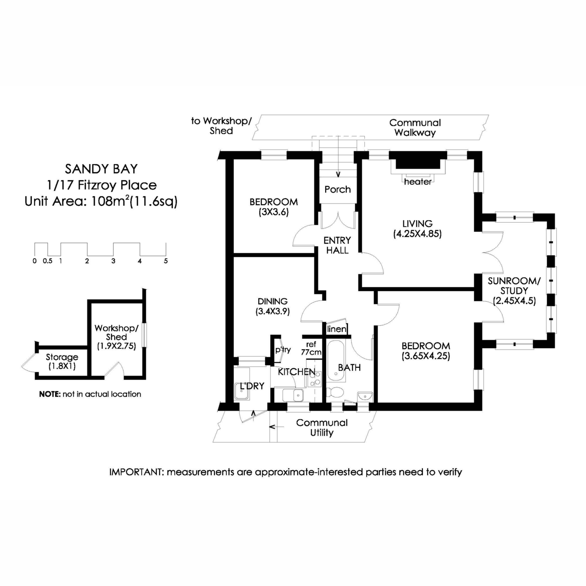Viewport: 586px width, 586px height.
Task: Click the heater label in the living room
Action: pos(418,182)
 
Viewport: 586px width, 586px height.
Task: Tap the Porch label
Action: pos(337,189)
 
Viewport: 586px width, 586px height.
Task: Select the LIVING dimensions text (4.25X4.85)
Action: pos(417,234)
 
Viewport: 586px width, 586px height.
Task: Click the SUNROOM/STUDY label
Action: pos(514,286)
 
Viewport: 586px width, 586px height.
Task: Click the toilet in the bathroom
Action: pos(335,392)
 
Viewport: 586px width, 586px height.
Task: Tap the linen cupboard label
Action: pos(336,329)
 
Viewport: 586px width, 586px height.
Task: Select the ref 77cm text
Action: pos(311,348)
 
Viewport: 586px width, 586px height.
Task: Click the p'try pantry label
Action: pos(283,350)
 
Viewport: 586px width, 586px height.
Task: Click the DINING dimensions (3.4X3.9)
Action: pos(272,311)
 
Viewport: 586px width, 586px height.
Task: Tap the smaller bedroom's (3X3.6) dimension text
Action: pos(273,211)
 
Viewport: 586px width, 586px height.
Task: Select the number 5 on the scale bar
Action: pos(166,261)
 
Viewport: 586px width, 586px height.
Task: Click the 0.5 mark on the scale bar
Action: pos(47,261)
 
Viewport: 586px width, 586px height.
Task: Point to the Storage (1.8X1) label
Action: pos(62,362)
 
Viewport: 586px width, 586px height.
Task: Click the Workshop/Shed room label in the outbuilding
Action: pos(116,332)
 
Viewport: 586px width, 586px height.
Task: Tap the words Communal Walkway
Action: pos(415,127)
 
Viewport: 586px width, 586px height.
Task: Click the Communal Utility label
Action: pos(322,427)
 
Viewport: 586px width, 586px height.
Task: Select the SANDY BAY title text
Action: pos(101,169)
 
